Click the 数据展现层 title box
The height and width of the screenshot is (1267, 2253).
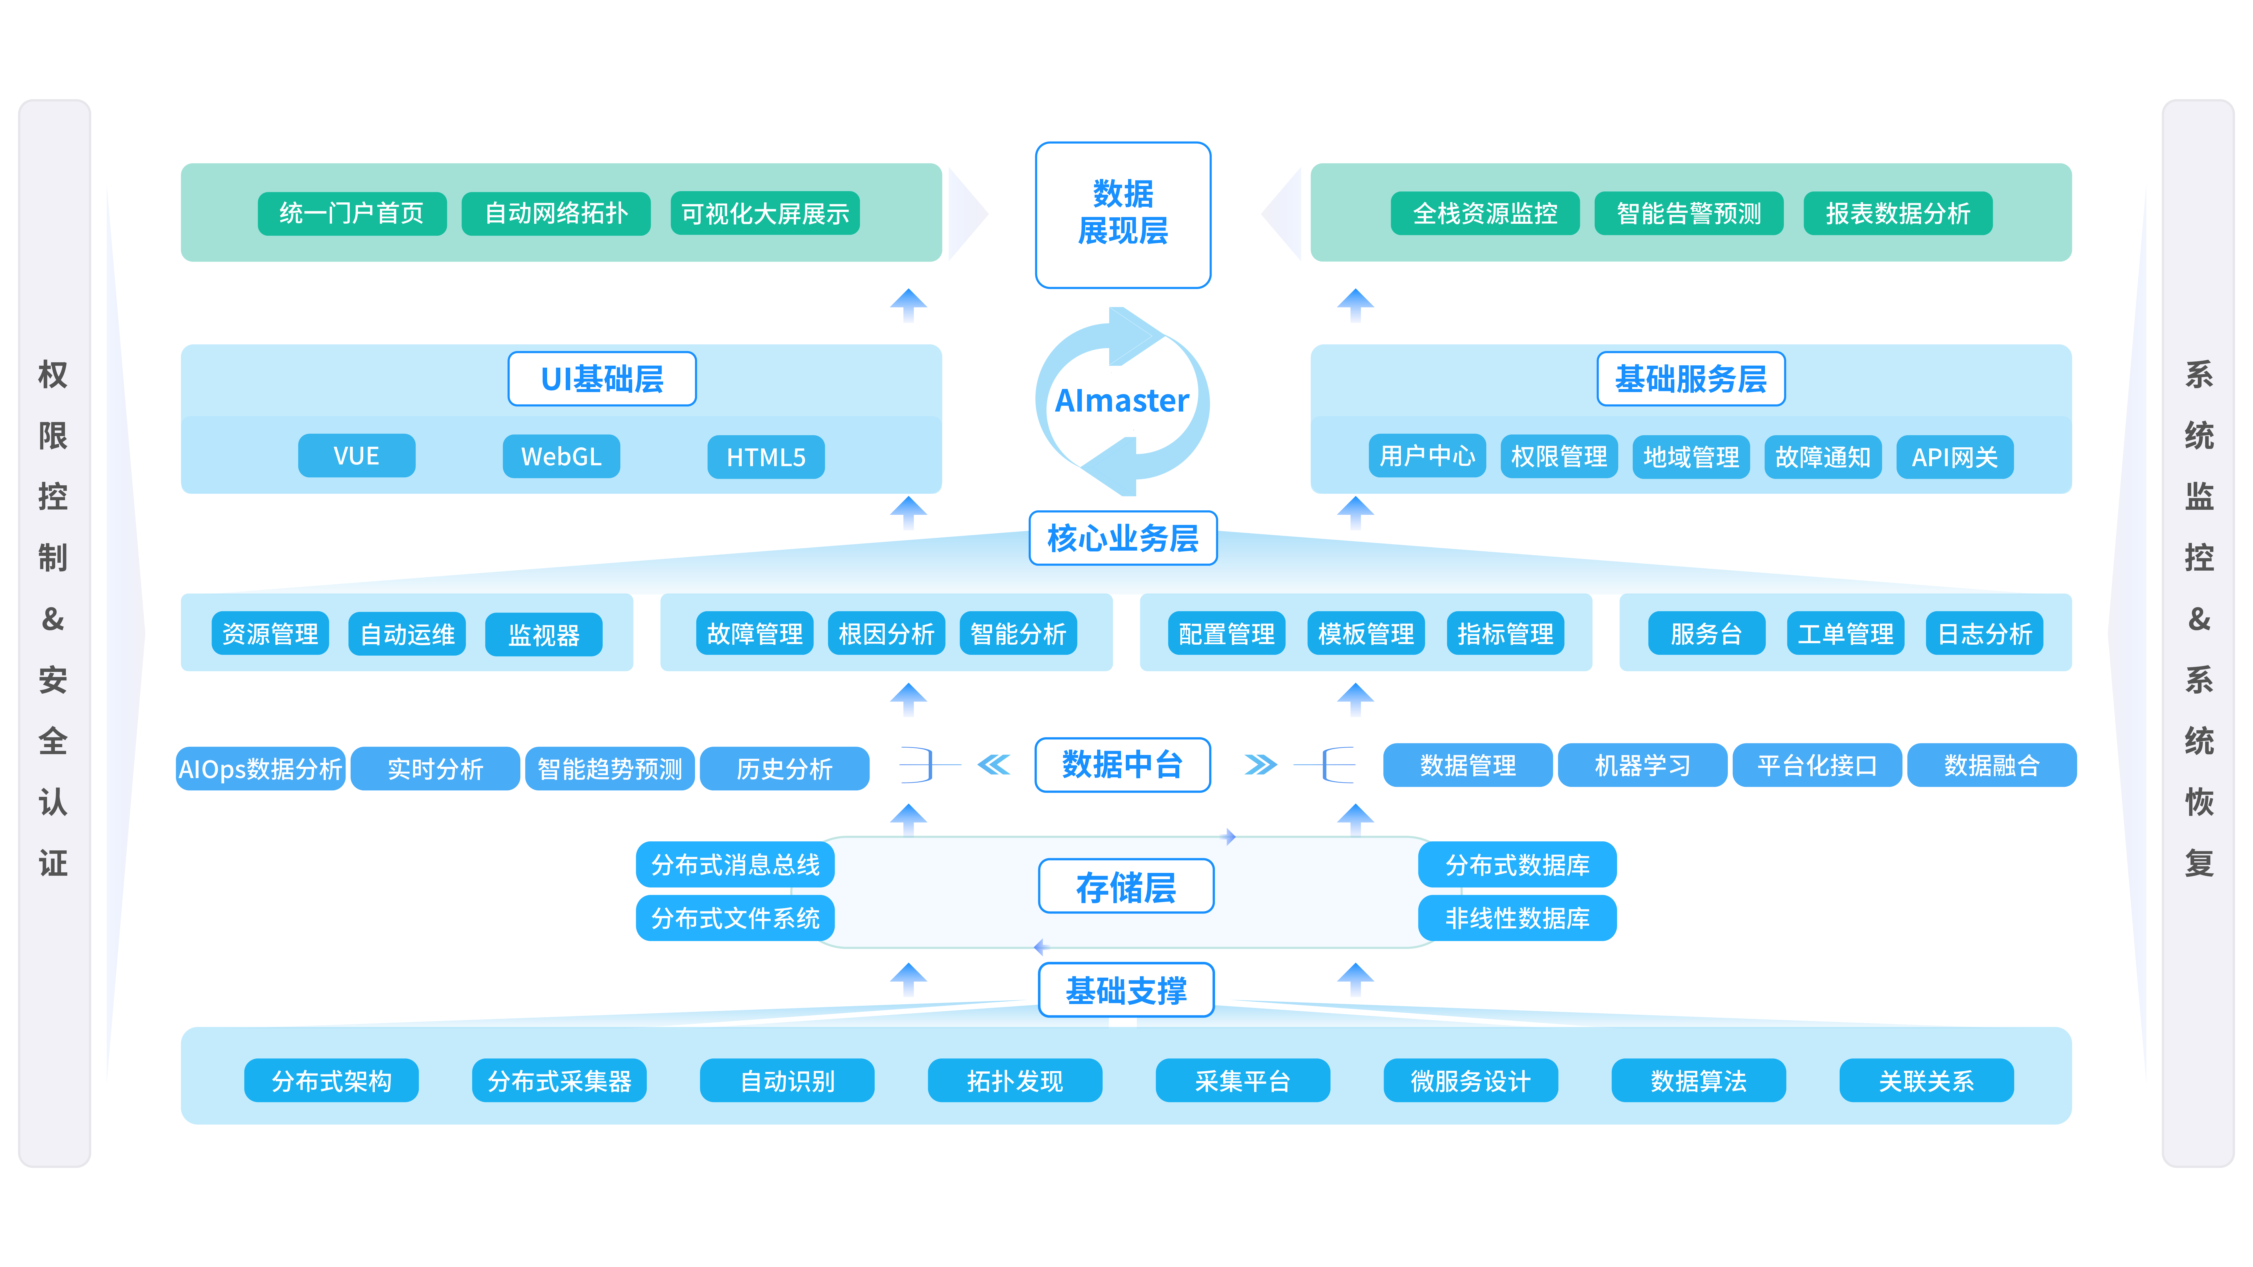coord(1123,214)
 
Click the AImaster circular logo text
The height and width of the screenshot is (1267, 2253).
coord(1122,401)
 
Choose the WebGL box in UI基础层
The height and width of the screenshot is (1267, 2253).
coord(561,456)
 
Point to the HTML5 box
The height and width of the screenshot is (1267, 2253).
coord(766,456)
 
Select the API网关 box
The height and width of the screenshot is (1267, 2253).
coord(1955,456)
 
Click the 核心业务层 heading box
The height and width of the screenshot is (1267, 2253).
coord(1123,538)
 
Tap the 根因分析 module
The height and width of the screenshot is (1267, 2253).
coord(886,633)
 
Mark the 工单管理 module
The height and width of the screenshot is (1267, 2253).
coord(1846,633)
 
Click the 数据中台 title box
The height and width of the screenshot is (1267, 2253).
coord(1123,765)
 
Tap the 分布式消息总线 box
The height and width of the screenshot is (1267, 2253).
coord(736,865)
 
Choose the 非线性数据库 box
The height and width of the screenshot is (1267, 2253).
coord(1517,918)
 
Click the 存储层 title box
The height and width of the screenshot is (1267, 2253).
coord(1126,887)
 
